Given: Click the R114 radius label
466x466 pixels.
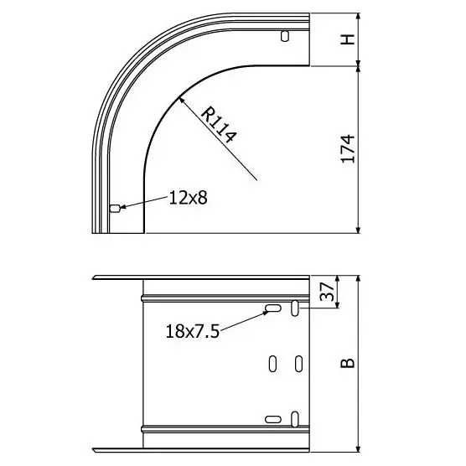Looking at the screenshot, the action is [x=219, y=124].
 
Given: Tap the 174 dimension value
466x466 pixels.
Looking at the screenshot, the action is [x=348, y=148].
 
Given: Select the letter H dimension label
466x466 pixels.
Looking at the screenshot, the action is [x=348, y=39].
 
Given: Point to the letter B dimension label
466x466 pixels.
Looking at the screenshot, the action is [x=348, y=363].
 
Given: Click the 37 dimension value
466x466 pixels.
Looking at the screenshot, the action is [x=327, y=292].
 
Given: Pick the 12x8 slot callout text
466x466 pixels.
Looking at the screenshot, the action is [x=188, y=198].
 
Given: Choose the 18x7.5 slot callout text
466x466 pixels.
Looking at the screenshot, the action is [x=193, y=331].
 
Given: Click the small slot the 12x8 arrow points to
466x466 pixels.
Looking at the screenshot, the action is [x=115, y=209].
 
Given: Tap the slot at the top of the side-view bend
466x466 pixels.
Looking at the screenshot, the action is [x=285, y=36].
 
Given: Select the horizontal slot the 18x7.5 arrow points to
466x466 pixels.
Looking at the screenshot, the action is [x=273, y=308].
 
